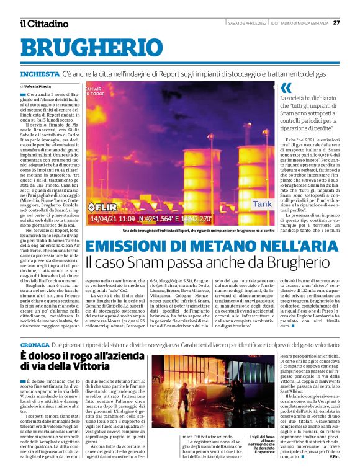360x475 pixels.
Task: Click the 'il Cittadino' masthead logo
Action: [43, 24]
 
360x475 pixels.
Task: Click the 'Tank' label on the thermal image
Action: [262, 203]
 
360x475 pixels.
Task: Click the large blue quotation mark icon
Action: [286, 87]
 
